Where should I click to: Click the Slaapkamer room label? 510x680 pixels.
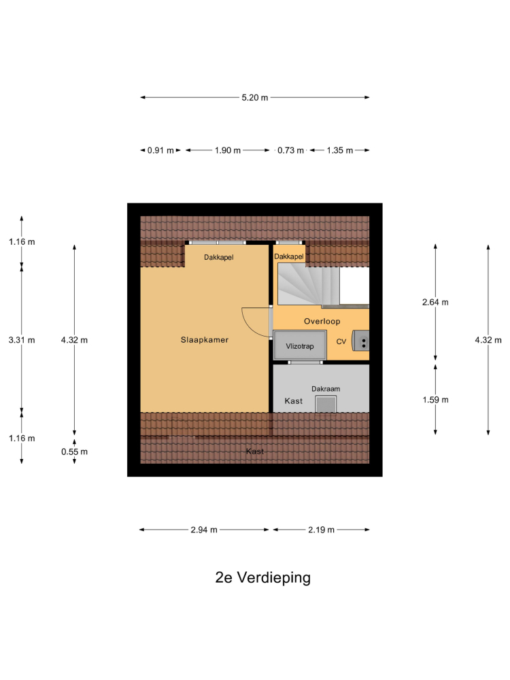[204, 340]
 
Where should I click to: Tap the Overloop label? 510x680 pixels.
[322, 322]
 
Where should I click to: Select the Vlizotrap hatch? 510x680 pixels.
[300, 345]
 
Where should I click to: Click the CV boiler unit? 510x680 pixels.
[360, 341]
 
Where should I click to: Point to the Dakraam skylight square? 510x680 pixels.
[326, 404]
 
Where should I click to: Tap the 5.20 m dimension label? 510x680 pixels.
[254, 97]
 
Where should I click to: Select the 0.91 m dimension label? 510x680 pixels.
[160, 150]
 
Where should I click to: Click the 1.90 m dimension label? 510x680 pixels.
[227, 150]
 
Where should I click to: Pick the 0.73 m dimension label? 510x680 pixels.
[290, 150]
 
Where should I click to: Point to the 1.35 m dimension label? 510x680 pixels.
[339, 150]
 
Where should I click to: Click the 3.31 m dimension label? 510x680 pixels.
[22, 340]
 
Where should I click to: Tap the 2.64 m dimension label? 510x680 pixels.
[435, 303]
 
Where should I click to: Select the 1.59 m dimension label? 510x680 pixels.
[435, 400]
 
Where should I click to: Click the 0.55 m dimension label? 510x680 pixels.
[74, 452]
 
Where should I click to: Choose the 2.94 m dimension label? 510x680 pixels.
[204, 530]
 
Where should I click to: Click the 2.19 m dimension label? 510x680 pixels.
[322, 530]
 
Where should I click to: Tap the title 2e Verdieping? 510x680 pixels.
[262, 577]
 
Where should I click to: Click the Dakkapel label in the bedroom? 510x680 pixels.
[218, 258]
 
